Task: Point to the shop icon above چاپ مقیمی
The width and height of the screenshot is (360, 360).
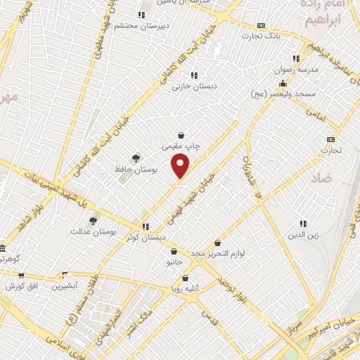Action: (x=181, y=135)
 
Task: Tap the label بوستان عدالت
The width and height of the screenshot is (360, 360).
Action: (x=93, y=231)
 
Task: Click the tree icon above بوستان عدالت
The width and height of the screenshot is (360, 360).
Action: (x=93, y=221)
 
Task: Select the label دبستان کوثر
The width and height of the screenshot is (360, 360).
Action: (x=146, y=238)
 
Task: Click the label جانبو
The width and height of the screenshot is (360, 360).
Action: (x=174, y=262)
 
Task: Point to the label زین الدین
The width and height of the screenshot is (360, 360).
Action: (x=303, y=234)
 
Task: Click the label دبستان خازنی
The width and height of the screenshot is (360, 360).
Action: (x=195, y=86)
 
